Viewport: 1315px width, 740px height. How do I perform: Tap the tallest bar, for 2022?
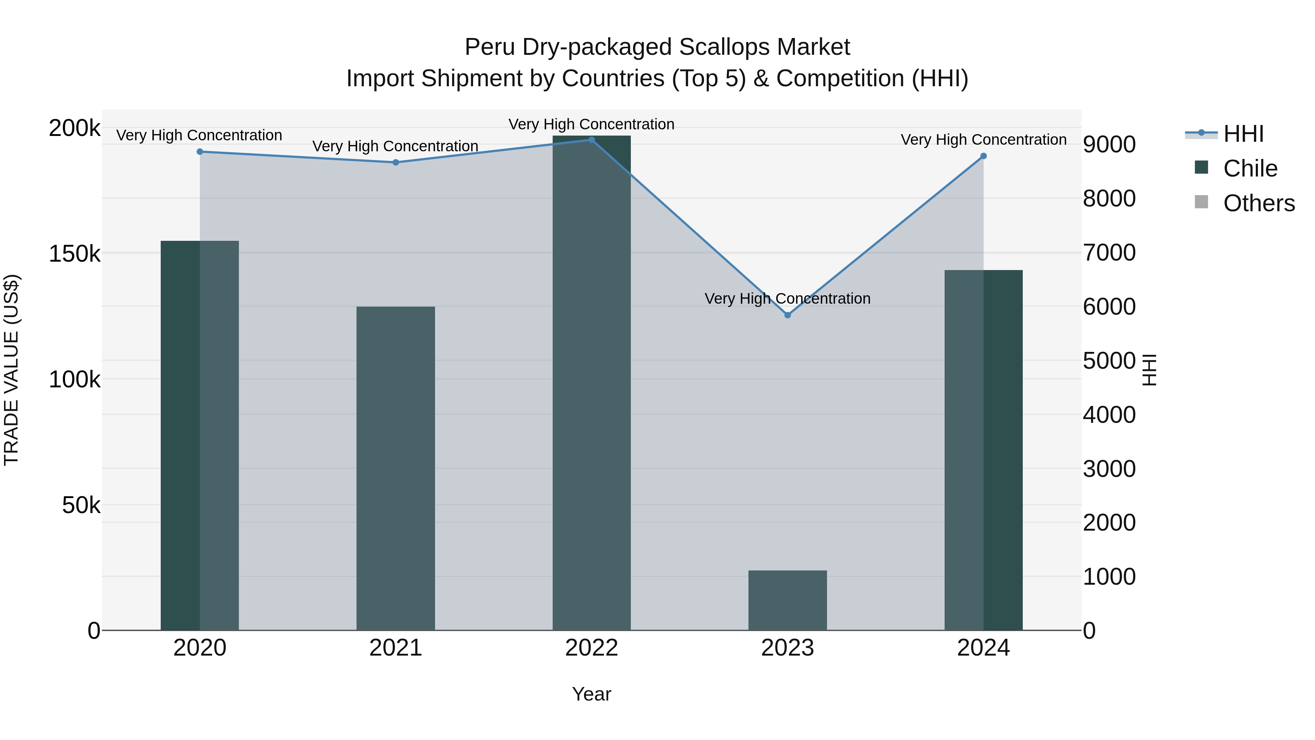592,383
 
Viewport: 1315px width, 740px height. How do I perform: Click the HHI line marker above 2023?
788,315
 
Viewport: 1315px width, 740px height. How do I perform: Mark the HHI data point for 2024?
984,156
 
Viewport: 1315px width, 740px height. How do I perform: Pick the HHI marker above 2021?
396,162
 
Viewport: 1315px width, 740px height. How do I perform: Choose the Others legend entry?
1258,203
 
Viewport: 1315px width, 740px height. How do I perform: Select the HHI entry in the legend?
1243,134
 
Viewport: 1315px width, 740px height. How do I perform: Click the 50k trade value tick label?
81,506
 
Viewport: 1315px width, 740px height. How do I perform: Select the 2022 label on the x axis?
592,648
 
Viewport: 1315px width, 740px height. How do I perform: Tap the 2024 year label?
983,648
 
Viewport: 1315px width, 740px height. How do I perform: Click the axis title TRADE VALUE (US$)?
11,370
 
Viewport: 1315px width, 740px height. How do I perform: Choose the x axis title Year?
592,694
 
